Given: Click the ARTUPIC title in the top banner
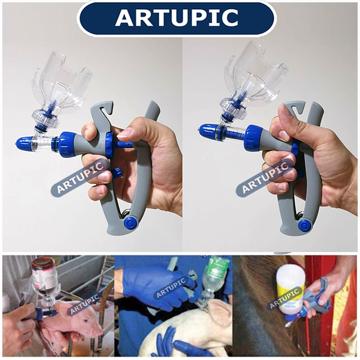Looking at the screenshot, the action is coord(176,18).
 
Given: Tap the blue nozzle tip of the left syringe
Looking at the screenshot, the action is coord(24,144).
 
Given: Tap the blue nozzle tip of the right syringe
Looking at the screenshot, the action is coord(208,131).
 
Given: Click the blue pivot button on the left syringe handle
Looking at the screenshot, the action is coord(130,222).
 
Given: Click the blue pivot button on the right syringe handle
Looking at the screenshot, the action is coord(304,225).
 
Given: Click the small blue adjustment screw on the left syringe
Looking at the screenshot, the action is coord(117,173).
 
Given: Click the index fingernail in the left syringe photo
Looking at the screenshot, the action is coord(125,133).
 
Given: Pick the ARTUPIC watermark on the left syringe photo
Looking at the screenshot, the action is coord(80,178).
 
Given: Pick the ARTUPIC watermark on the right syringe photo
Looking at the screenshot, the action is coord(265,178).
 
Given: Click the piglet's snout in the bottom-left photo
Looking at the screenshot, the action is coord(99,331).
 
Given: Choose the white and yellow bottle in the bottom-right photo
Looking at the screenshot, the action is coord(290,294).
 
